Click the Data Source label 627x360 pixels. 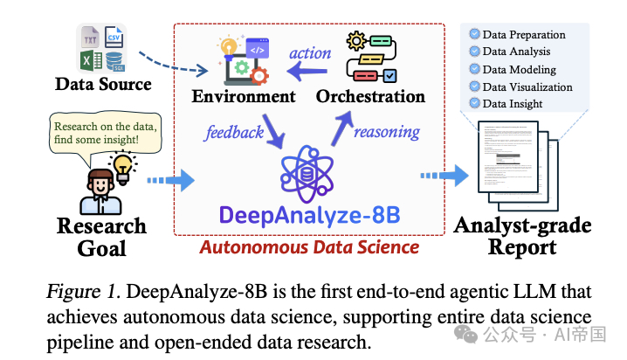point(103,85)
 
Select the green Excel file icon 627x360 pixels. point(91,61)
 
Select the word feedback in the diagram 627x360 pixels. point(234,133)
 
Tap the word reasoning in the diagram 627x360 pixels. point(388,133)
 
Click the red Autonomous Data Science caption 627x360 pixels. point(310,247)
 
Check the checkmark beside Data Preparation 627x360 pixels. point(474,35)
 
